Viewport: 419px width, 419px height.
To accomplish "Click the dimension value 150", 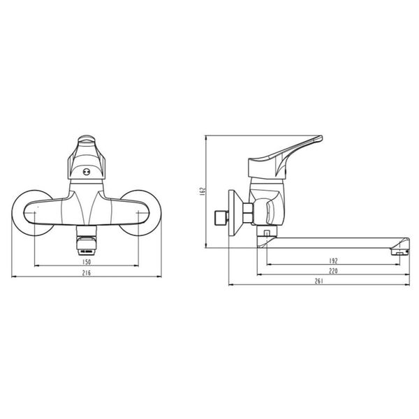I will (x=87, y=261).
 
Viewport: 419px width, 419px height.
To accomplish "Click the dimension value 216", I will (x=87, y=272).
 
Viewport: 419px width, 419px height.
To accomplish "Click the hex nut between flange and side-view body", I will (x=248, y=212).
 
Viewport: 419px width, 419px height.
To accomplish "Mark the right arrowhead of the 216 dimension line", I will (x=161, y=277).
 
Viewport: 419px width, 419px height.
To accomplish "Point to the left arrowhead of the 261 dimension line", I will (x=232, y=286).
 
